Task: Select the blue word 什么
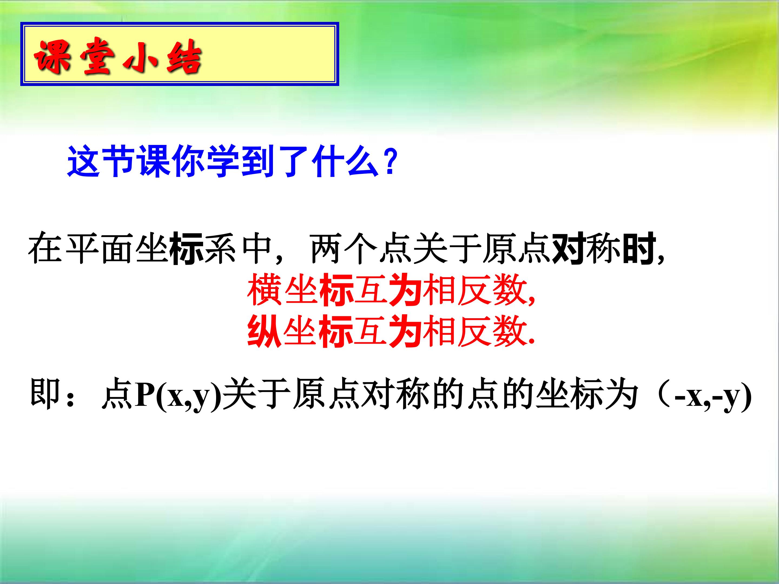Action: (x=345, y=162)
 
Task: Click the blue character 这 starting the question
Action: (x=84, y=162)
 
